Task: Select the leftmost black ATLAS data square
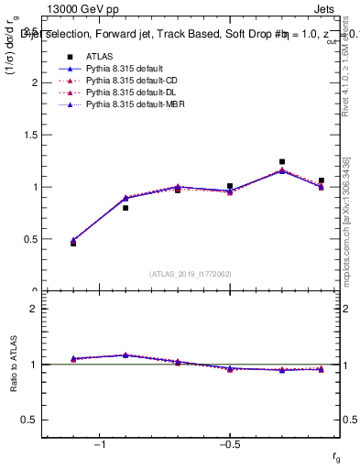point(73,244)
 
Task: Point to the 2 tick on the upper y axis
point(35,82)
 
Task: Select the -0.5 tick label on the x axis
point(229,442)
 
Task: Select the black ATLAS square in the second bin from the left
point(125,208)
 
